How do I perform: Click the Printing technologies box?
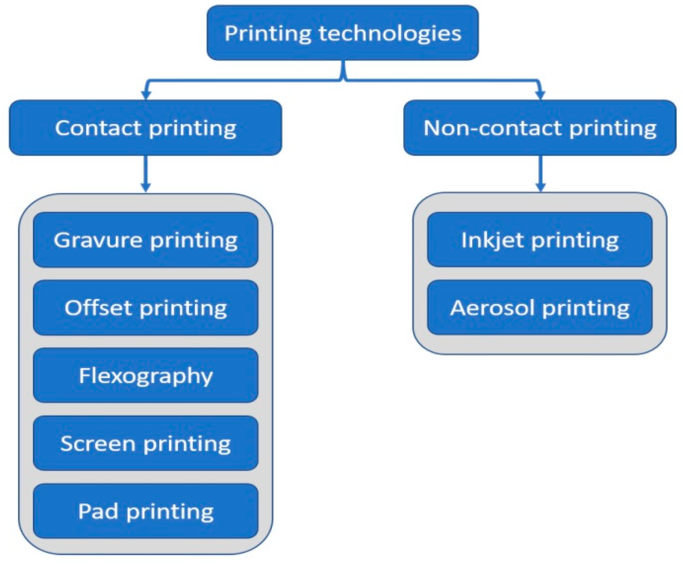point(342,33)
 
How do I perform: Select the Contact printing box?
point(145,128)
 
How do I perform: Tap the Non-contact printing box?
point(539,128)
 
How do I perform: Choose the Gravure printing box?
point(145,240)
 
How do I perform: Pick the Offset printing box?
point(145,308)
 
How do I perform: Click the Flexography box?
point(145,376)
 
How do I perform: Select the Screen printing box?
point(145,443)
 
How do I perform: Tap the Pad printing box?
point(145,511)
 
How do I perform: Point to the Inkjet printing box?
point(539,240)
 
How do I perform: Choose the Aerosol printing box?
point(539,308)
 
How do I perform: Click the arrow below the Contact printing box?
point(146,174)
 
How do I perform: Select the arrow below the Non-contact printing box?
point(541,174)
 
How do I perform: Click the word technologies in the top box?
point(390,33)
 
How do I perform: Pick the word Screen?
point(98,443)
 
